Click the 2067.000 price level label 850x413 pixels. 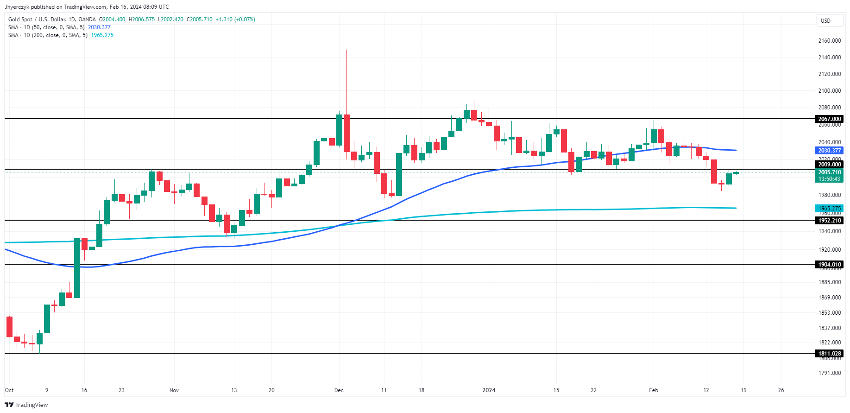point(829,119)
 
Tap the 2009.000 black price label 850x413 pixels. point(829,165)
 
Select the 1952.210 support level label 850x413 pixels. point(829,221)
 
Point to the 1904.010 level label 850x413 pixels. point(829,265)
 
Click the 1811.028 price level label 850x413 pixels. point(829,354)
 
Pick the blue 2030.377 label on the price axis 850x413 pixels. point(829,151)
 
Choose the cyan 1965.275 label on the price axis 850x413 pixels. point(829,209)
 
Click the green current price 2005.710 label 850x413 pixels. point(829,172)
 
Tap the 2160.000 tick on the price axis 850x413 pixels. point(829,41)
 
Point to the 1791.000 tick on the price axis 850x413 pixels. point(829,373)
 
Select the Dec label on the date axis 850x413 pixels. point(339,390)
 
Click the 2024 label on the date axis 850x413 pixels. point(489,390)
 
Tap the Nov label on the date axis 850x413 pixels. point(174,390)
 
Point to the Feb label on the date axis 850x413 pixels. point(653,390)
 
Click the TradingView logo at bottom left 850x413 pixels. point(26,405)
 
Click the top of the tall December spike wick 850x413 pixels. point(346,50)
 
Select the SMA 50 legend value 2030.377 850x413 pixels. point(99,27)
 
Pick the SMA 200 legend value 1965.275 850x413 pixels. point(102,35)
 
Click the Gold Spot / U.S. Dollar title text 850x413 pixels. point(52,19)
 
